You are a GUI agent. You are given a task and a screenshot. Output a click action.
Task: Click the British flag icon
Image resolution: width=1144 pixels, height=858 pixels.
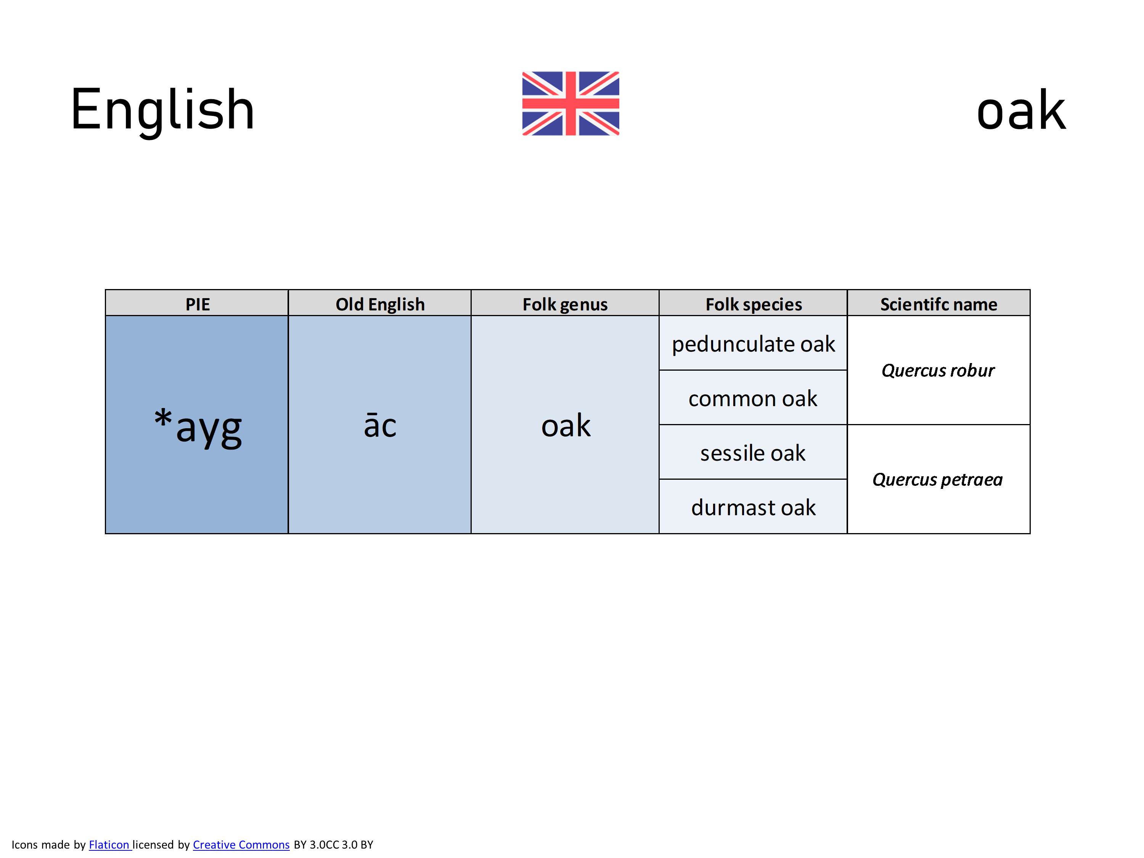coord(570,103)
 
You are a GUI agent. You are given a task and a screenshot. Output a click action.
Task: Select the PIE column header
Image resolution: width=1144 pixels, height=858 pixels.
coord(198,304)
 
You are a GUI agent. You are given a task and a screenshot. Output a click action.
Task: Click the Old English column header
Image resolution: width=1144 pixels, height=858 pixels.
coord(380,304)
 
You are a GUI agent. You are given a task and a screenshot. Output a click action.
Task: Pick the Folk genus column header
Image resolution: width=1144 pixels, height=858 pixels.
coord(565,304)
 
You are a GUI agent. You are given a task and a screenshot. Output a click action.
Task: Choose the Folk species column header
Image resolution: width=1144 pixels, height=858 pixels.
coord(754,304)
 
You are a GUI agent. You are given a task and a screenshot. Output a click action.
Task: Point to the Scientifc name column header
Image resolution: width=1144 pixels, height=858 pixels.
coord(939,304)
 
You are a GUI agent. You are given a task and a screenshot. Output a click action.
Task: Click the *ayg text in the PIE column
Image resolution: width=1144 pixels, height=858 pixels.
coord(198,427)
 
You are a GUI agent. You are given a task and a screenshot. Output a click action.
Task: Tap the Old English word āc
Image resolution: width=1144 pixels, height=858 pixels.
coord(380,425)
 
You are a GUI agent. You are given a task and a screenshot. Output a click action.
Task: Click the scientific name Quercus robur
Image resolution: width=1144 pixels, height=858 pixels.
coord(938,370)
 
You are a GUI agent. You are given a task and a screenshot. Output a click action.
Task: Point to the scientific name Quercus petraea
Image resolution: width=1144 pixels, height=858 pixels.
coord(938,479)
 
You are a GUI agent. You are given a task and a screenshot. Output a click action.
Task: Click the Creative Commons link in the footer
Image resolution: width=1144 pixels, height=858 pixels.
coord(241,845)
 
